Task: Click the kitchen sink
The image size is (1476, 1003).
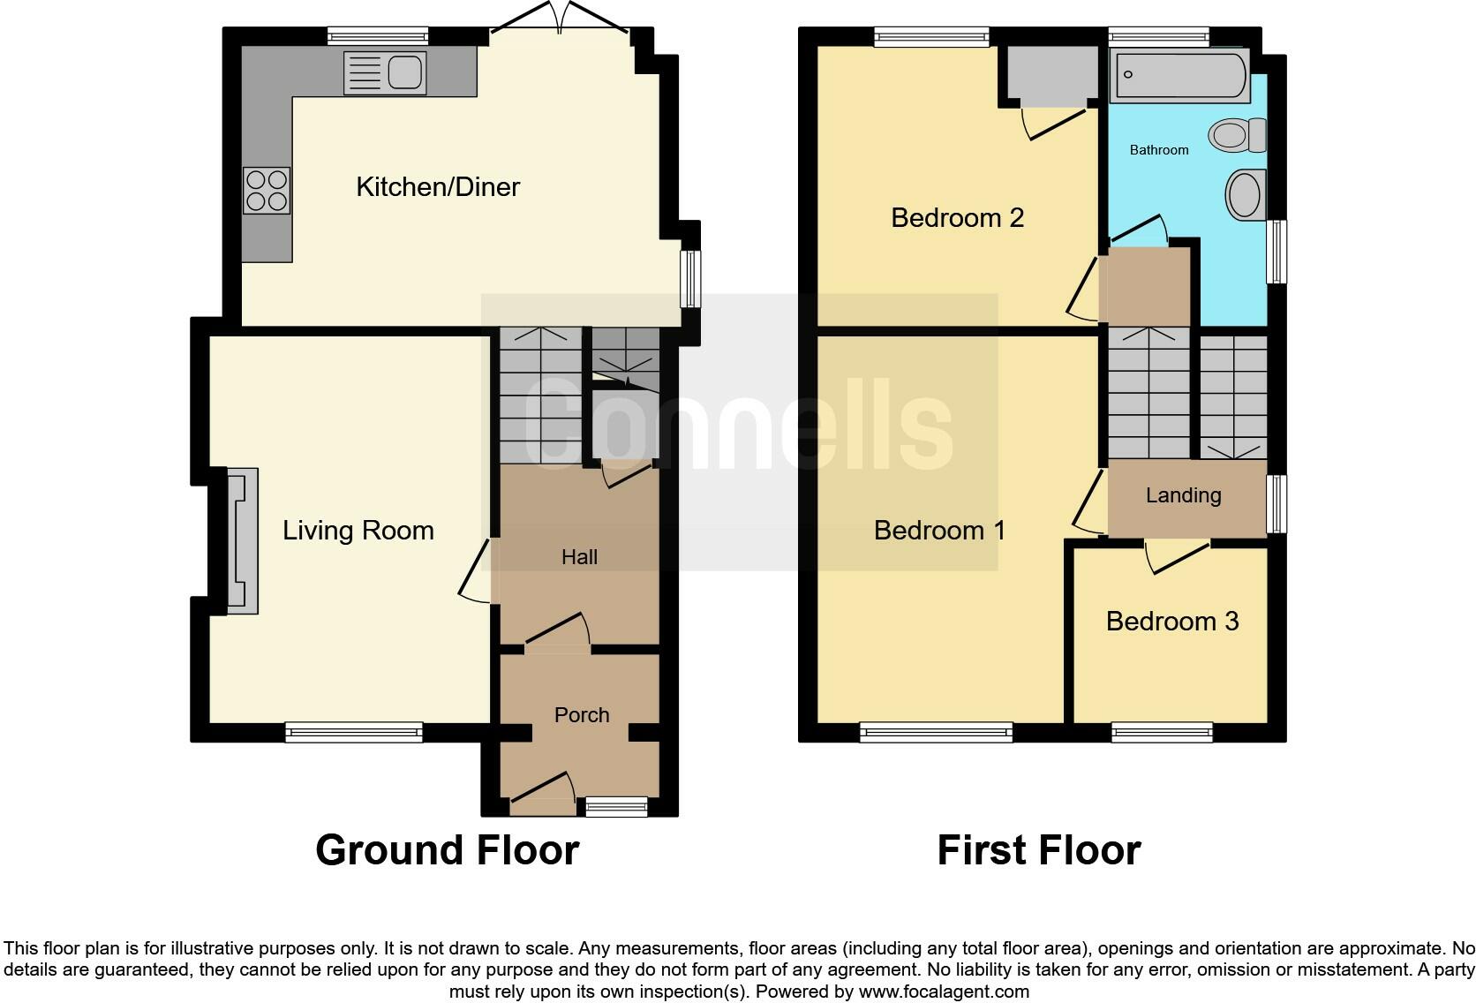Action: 385,72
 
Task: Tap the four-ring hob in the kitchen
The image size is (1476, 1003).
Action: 267,191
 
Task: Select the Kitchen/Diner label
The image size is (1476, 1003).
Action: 438,187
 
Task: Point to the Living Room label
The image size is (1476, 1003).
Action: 358,531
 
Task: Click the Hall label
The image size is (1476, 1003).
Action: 579,557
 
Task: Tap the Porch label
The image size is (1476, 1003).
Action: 582,715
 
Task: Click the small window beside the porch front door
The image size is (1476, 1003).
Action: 616,805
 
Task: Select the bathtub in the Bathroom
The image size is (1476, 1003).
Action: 1179,76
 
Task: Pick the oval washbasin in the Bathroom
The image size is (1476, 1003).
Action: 1246,194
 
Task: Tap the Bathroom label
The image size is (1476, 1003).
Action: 1159,150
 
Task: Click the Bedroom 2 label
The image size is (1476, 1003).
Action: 957,218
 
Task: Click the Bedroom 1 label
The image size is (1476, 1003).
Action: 939,531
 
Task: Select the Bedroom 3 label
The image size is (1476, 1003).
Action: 1171,622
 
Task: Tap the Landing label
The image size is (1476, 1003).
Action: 1183,496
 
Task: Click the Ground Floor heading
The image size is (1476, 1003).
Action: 447,850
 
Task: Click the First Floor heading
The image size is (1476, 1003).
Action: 1038,850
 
